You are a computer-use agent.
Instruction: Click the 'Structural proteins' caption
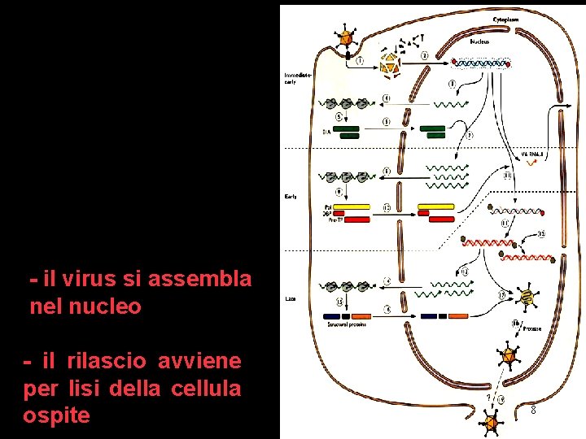346,324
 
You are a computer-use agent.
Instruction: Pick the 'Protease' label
533,328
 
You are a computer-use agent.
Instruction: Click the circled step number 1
359,59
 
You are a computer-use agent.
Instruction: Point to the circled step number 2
426,55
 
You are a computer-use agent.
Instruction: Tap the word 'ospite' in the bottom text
57,415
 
